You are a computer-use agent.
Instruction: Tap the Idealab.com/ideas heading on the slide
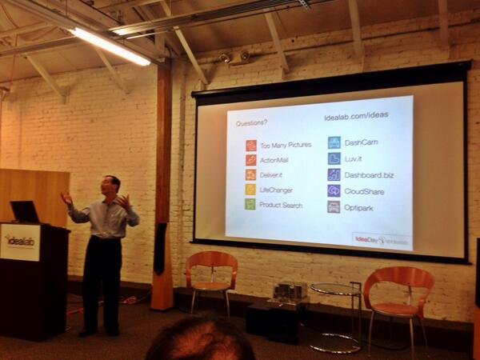click(x=356, y=115)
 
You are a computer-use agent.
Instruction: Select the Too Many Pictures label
click(x=286, y=146)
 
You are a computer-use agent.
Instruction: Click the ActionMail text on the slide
click(x=276, y=160)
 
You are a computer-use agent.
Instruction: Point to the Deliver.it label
click(x=274, y=174)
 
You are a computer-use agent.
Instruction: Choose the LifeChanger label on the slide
click(x=276, y=190)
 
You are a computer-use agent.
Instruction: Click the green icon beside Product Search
click(x=250, y=204)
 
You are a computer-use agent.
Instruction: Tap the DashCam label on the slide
click(x=361, y=142)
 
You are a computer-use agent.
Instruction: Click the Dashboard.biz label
click(x=369, y=174)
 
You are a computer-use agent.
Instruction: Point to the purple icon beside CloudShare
click(x=334, y=190)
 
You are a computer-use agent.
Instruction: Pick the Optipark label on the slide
click(x=360, y=206)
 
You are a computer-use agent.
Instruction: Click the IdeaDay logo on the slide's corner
click(x=381, y=240)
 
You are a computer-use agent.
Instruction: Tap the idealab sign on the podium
click(x=19, y=241)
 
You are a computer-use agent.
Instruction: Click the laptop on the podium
click(x=24, y=212)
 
